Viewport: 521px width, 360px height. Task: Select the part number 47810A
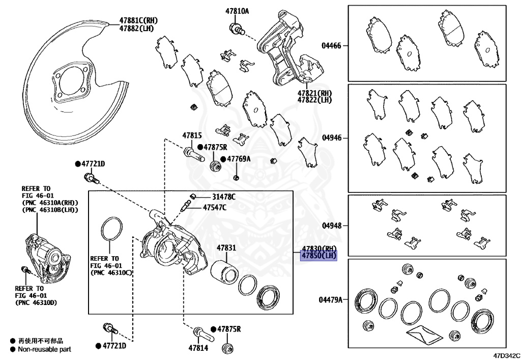[237, 11]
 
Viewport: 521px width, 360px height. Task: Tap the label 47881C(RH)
[138, 20]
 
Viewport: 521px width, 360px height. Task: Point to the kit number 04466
[331, 46]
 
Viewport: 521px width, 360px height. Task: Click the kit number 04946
[331, 138]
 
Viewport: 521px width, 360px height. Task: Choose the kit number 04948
[331, 225]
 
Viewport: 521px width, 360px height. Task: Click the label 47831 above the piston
[226, 248]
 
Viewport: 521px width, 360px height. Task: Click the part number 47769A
[239, 159]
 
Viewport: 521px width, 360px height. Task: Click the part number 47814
[198, 348]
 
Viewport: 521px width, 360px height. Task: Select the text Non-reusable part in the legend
[44, 349]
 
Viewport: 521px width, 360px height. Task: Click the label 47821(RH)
[315, 93]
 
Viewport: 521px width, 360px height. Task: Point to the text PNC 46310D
[39, 303]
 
